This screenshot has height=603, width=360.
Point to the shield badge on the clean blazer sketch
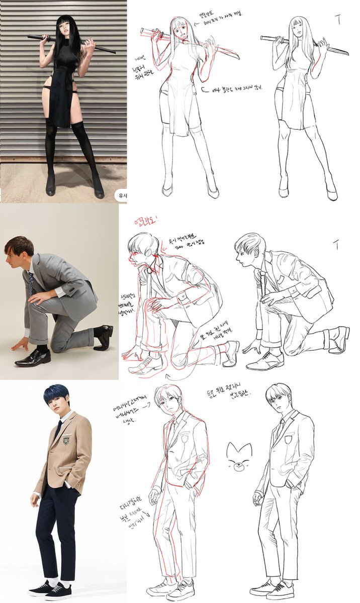(x=289, y=439)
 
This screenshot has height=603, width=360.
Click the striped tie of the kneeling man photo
(x=32, y=284)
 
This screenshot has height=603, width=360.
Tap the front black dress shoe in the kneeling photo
(x=33, y=358)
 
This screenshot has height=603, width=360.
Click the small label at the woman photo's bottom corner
(x=121, y=195)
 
